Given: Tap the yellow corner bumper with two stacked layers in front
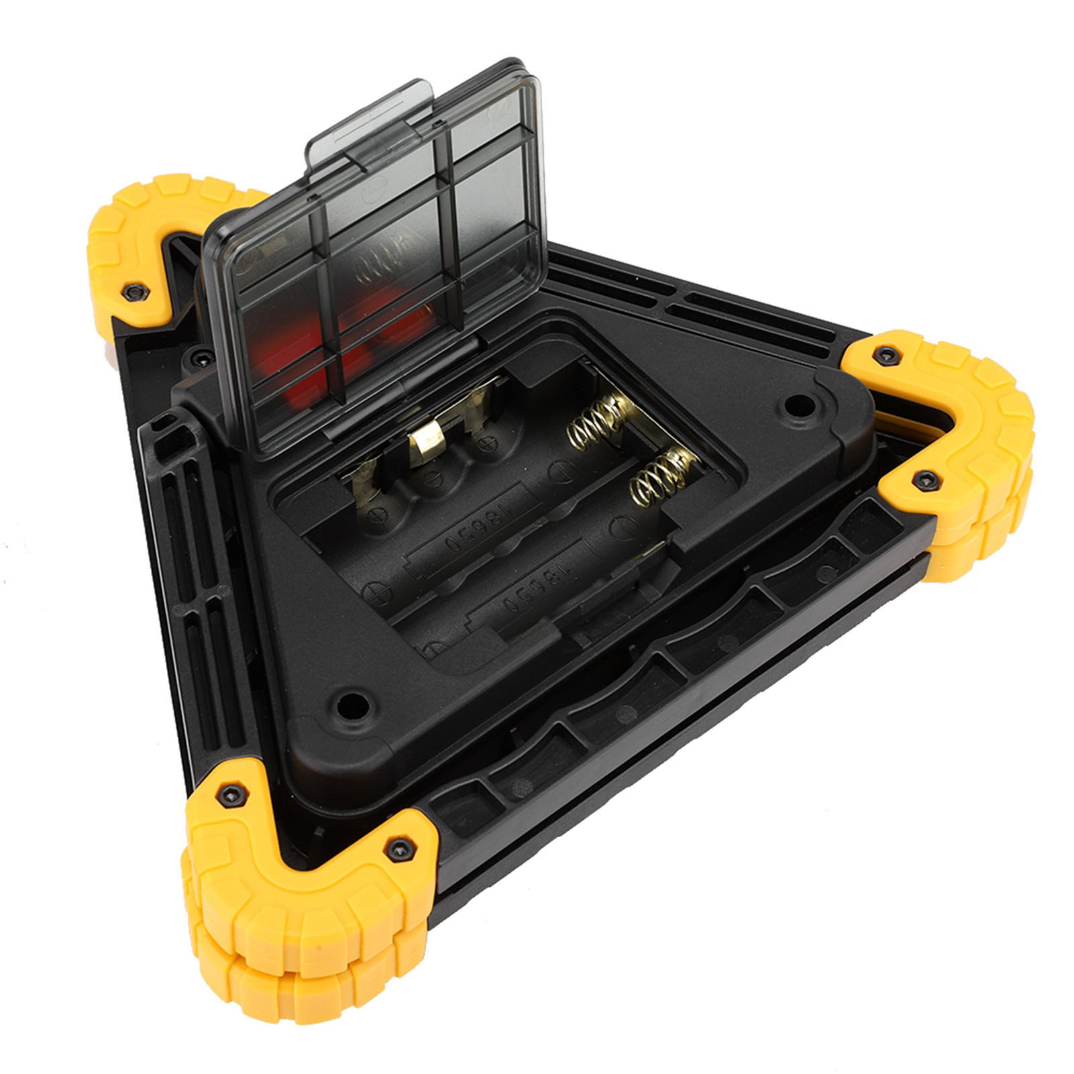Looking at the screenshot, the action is click(x=302, y=892).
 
